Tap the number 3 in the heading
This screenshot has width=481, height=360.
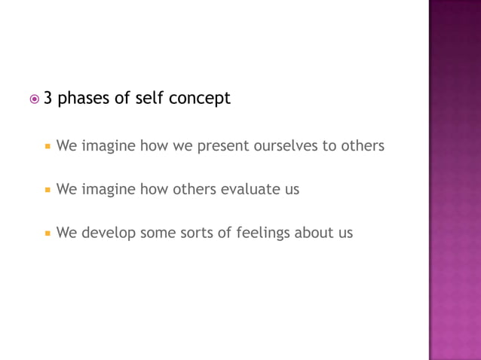coord(48,98)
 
